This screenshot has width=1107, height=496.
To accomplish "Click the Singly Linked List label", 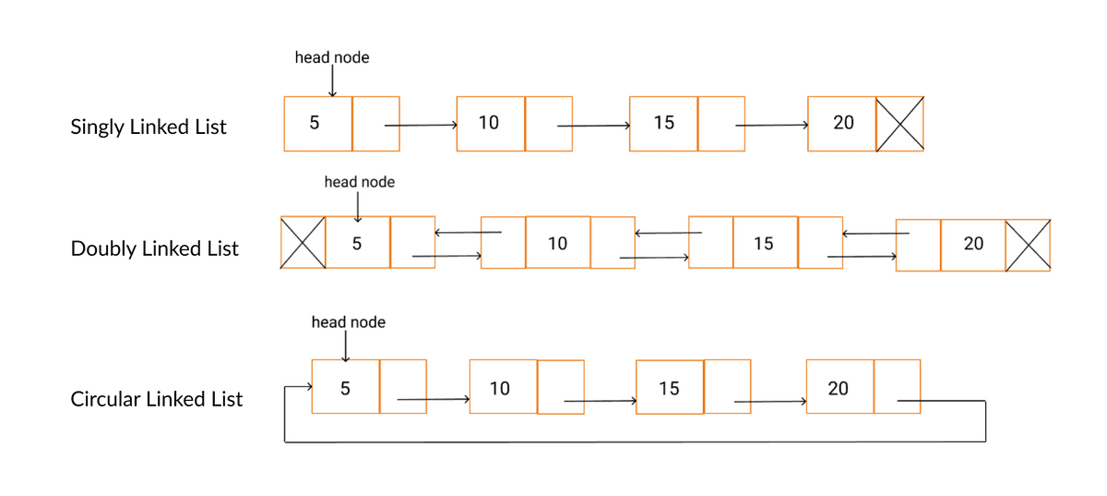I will (x=149, y=127).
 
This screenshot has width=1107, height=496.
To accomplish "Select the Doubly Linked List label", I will (x=154, y=248).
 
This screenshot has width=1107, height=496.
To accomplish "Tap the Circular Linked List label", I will (x=157, y=399).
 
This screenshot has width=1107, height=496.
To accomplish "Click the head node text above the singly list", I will (x=331, y=57).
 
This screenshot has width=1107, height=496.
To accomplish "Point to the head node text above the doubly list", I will (x=359, y=182).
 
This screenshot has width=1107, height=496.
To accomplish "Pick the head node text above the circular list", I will (x=348, y=322).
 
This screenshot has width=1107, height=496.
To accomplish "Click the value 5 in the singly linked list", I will (x=315, y=123).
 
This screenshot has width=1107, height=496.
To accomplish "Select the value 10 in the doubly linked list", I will (x=557, y=243).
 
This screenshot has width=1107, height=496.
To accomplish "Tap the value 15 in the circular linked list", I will (x=669, y=388).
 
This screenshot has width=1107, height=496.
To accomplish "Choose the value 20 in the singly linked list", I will (x=843, y=123).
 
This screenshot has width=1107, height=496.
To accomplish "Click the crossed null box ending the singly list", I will (x=899, y=124).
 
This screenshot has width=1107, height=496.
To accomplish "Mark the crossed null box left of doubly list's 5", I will (x=303, y=243).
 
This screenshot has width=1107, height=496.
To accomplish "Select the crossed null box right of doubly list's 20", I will (x=1028, y=245).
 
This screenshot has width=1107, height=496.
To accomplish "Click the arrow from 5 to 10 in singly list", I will (x=421, y=126).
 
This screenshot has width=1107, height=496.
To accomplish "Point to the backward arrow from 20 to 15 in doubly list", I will (x=875, y=234).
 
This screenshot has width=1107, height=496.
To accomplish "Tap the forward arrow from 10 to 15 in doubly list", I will (x=654, y=258).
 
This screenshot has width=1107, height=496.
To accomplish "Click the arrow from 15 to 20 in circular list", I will (x=770, y=401).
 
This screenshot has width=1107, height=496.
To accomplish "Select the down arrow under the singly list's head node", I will (x=332, y=81).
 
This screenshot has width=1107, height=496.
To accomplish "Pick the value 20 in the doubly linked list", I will (x=973, y=244).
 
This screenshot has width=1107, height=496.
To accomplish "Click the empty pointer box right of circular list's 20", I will (x=897, y=387).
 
